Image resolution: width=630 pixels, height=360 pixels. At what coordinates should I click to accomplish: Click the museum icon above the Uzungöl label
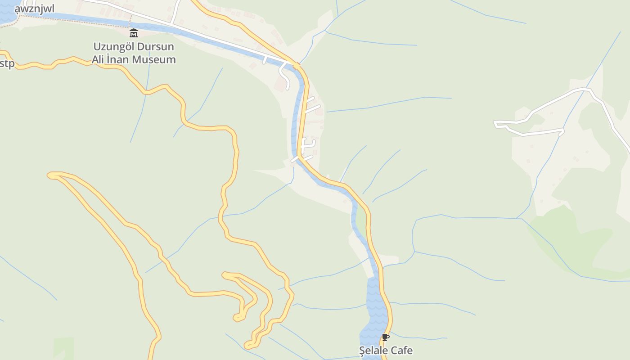(x=134, y=33)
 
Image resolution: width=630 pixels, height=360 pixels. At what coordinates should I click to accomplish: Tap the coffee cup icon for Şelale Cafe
(x=385, y=337)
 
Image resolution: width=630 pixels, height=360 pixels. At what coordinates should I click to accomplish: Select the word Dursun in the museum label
(x=157, y=46)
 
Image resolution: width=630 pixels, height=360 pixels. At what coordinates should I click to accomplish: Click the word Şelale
(x=373, y=351)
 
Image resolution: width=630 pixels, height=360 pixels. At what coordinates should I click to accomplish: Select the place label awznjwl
(x=34, y=9)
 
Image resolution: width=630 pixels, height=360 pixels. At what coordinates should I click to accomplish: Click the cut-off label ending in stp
(x=7, y=63)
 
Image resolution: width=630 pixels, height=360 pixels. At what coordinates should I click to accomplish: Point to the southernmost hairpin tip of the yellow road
(x=247, y=346)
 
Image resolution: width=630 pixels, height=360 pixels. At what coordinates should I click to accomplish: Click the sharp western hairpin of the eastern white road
(x=496, y=122)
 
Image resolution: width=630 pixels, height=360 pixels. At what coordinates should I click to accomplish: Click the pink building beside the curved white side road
(x=280, y=85)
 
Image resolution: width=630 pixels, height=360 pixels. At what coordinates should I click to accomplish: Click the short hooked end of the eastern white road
(x=561, y=131)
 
